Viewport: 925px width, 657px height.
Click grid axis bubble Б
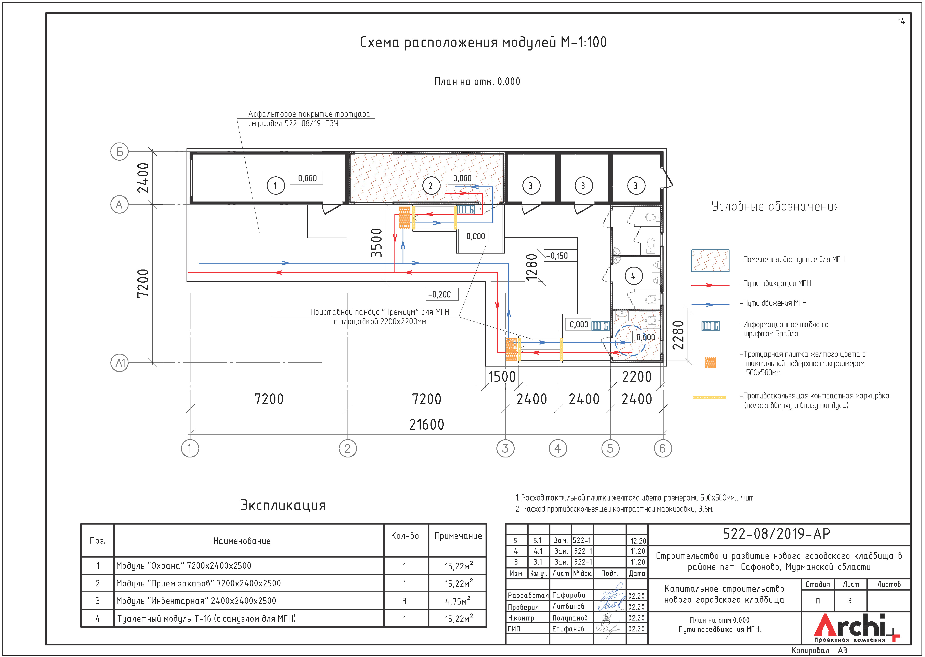119,152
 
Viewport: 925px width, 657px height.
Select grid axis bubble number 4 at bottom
557,448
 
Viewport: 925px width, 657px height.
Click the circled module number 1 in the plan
276,186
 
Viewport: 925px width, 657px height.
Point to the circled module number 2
431,186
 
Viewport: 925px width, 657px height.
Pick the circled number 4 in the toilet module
633,276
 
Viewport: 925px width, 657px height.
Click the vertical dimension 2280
678,335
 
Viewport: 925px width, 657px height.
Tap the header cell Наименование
242,541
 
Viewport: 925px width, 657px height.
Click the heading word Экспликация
283,505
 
